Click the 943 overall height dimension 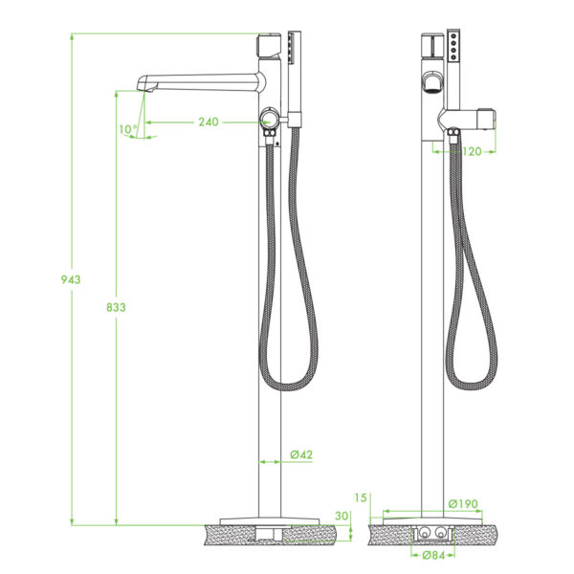click(71, 279)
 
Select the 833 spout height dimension click(116, 307)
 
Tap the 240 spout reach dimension click(209, 121)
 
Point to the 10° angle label click(128, 129)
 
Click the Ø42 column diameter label click(301, 454)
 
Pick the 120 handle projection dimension click(472, 151)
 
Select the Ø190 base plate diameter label click(463, 504)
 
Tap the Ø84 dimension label click(433, 555)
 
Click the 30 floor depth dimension click(342, 516)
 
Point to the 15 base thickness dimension click(361, 497)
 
